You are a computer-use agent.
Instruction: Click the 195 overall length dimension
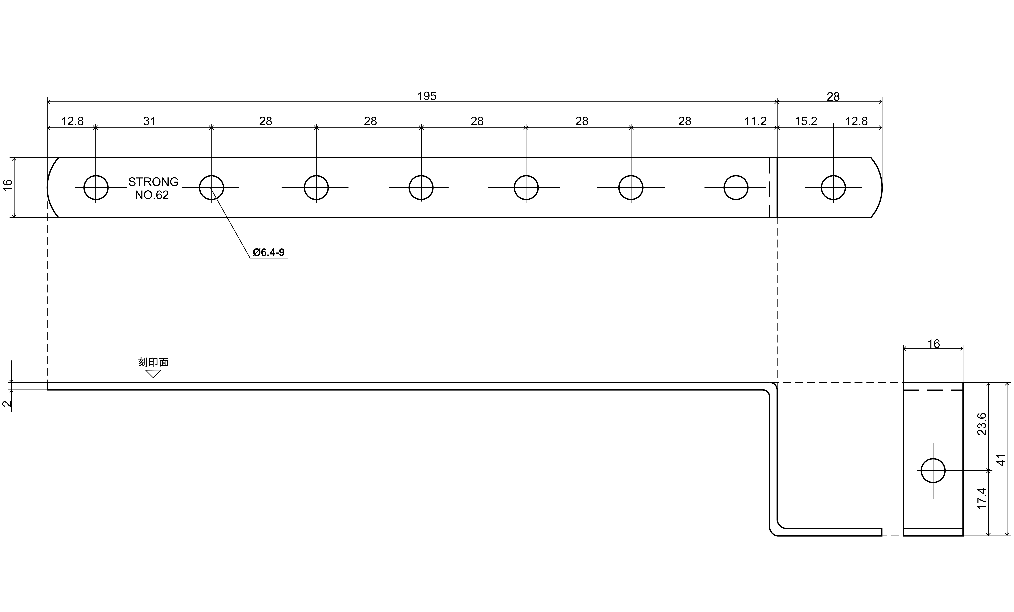click(x=427, y=96)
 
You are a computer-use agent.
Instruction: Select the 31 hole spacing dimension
click(x=149, y=121)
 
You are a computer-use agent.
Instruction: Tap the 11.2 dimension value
click(x=756, y=121)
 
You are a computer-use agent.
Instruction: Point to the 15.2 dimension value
click(x=806, y=121)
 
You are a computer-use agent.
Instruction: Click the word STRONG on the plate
click(x=154, y=182)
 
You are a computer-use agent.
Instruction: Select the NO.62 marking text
click(x=152, y=195)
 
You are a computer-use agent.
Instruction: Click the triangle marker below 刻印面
click(x=153, y=373)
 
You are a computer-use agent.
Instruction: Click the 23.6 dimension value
click(x=982, y=424)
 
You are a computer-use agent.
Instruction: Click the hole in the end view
click(x=933, y=471)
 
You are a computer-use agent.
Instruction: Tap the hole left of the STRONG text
click(x=96, y=188)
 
